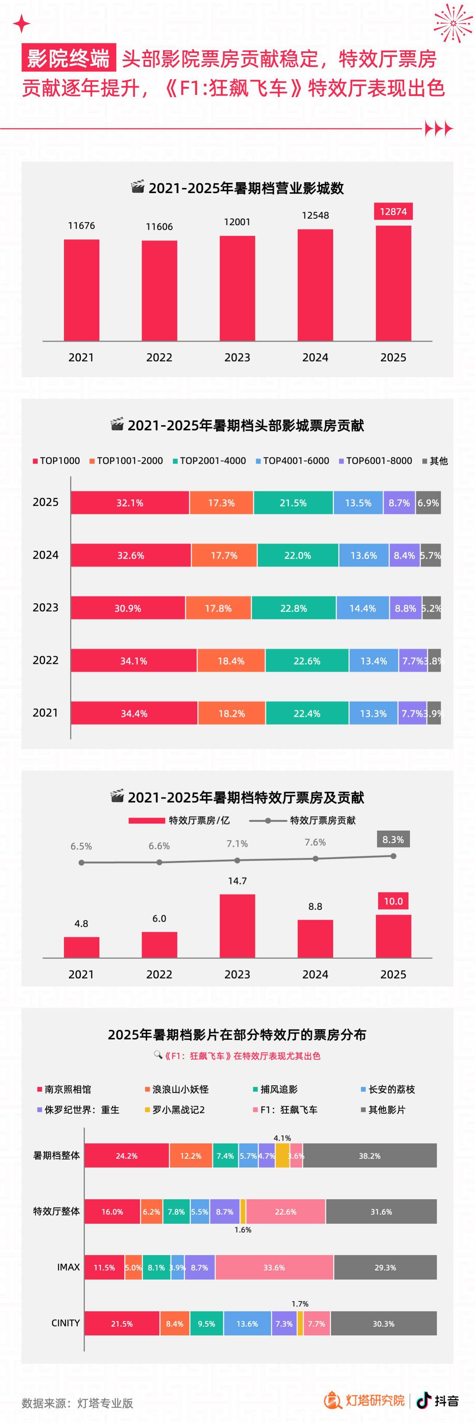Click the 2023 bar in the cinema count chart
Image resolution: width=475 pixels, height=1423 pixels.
coord(237,288)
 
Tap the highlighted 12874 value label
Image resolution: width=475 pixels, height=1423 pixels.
coord(393,212)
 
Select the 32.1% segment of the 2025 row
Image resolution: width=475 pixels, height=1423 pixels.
coord(130,503)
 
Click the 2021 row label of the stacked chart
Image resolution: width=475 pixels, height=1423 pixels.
coord(45,713)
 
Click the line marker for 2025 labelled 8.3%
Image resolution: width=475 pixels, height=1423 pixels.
coord(393,856)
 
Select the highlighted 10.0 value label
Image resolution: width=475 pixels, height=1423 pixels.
coord(393,901)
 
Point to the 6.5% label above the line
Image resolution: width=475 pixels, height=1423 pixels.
coord(81,846)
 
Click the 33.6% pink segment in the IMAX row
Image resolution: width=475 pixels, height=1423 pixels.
coord(274,1267)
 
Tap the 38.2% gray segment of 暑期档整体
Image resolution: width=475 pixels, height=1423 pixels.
coord(369,1155)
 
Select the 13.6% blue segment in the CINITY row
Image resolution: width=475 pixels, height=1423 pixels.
coord(247,1324)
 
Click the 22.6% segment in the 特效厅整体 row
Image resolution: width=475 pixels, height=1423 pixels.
coord(285,1211)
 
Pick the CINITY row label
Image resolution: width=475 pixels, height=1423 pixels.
coord(65,1323)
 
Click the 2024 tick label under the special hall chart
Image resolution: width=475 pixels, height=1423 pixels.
coord(315,974)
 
